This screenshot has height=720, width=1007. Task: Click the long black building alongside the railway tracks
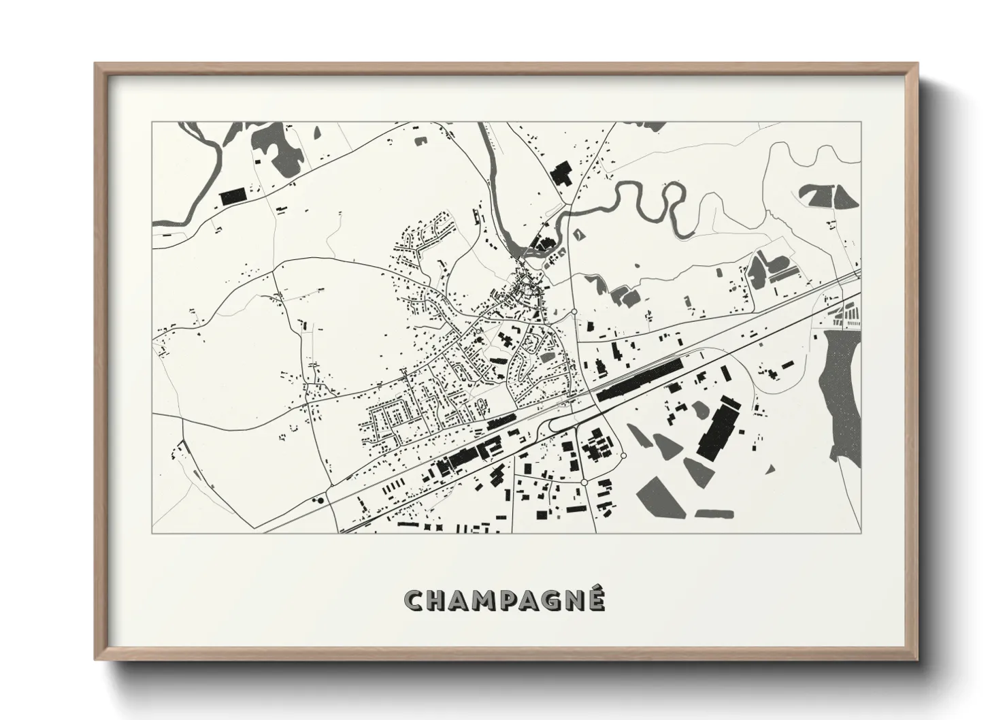tap(640, 378)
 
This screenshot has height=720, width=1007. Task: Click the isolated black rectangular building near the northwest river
tap(232, 197)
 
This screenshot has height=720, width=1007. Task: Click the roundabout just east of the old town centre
tap(575, 311)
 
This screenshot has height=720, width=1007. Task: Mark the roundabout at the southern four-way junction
tap(583, 482)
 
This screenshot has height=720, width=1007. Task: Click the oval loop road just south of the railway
tap(562, 425)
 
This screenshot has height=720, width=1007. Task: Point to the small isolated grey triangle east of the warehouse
tap(770, 469)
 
